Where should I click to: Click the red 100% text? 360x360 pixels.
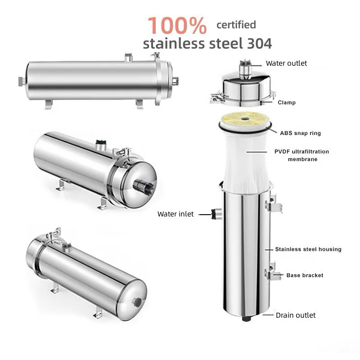177,25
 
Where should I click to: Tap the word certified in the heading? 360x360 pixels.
236,25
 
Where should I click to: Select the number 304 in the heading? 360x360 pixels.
260,44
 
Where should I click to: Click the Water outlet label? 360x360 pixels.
286,63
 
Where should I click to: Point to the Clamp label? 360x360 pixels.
287,103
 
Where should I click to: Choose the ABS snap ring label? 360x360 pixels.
300,133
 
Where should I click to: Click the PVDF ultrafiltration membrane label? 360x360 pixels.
301,155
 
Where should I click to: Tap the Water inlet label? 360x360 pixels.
175,214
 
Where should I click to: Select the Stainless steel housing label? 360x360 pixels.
308,249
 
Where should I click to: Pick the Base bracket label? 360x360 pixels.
305,275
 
